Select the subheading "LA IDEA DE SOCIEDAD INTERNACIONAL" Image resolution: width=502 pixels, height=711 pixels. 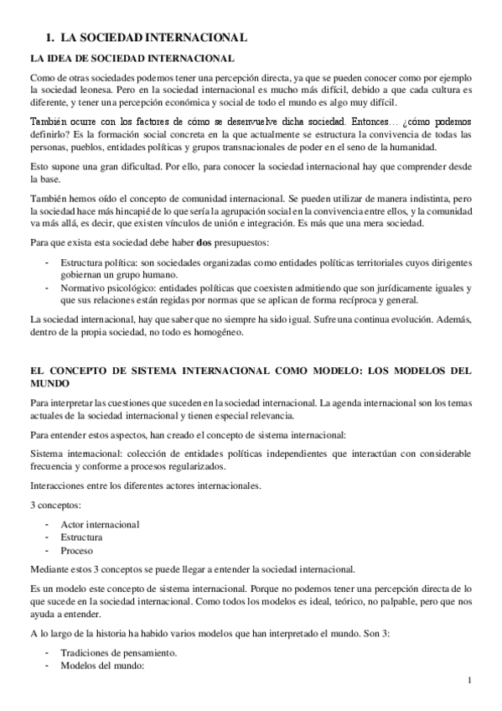[132, 59]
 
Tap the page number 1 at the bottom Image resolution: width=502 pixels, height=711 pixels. [470, 681]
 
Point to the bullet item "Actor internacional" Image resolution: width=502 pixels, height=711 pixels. [100, 524]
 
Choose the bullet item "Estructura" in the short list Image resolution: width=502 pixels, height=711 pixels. [81, 537]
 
